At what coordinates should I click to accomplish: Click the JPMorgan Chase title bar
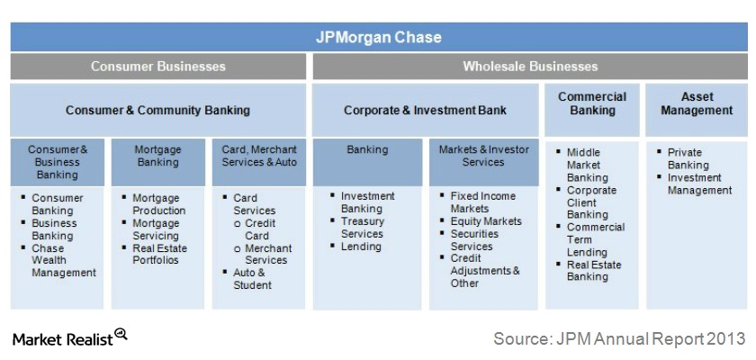(378, 38)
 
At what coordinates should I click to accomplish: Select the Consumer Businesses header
(158, 66)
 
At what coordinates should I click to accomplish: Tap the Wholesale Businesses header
(530, 66)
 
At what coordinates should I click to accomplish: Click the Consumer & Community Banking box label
(158, 111)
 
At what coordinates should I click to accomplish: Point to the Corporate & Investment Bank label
(425, 111)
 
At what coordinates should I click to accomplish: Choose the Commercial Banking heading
(591, 103)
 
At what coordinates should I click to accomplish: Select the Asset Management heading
(696, 103)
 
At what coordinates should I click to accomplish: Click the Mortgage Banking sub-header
(157, 157)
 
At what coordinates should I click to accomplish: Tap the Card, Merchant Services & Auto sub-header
(258, 157)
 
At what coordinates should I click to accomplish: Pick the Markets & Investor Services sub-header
(483, 157)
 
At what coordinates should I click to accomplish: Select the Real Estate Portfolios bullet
(160, 254)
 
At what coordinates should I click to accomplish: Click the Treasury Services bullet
(362, 228)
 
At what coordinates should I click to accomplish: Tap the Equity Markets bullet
(486, 221)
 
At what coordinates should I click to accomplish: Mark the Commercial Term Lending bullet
(595, 240)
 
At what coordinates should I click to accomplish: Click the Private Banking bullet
(688, 159)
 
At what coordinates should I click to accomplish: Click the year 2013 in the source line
(727, 338)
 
